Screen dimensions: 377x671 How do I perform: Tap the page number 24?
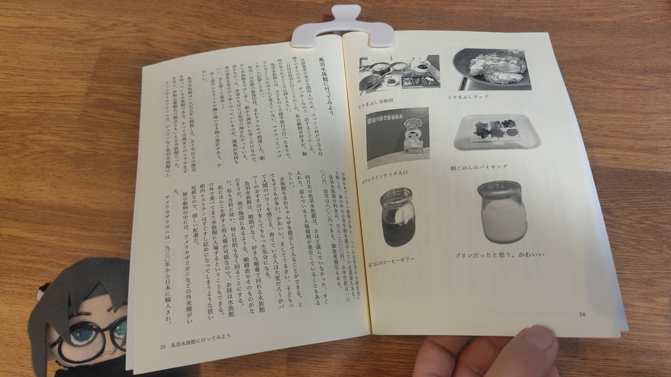coord(582,314)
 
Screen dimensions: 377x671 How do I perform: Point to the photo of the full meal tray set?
coord(399,72)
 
